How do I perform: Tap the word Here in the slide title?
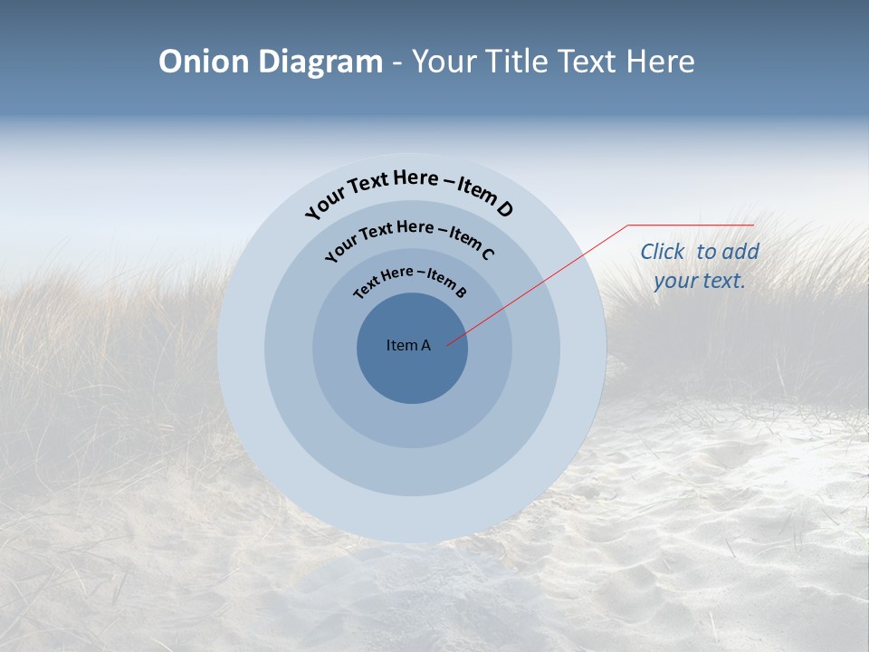pos(658,62)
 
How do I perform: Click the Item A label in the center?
pos(408,345)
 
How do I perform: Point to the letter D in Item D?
pos(504,209)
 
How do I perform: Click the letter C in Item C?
pos(488,253)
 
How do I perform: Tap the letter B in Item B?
pos(461,292)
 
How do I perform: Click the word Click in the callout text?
pos(663,252)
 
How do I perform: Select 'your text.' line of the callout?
pos(699,281)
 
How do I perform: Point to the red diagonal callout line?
pos(543,281)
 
